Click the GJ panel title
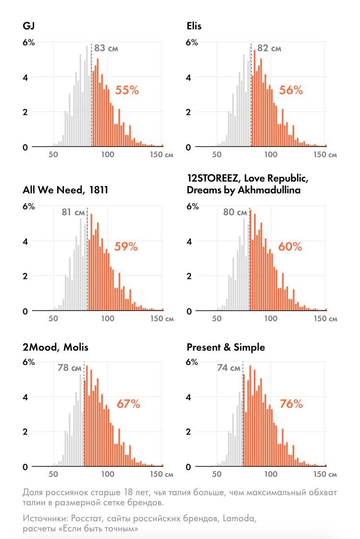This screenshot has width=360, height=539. (x=28, y=26)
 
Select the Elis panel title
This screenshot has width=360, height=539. (x=194, y=26)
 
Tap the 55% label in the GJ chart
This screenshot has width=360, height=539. (x=127, y=90)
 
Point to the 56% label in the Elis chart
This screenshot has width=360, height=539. (x=291, y=90)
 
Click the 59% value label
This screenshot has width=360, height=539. (x=126, y=247)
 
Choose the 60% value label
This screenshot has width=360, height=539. (x=290, y=247)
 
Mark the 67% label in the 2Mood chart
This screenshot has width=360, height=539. (x=128, y=404)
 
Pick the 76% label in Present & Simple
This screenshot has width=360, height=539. (x=291, y=404)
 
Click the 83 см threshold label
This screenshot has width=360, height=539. (x=106, y=49)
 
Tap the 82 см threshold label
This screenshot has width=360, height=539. (x=269, y=49)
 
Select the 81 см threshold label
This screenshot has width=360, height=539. (x=73, y=212)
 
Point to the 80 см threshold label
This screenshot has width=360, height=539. (x=235, y=212)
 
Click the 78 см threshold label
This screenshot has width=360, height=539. (x=70, y=368)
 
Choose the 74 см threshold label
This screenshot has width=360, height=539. (x=228, y=368)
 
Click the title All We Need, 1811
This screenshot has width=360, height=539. (x=65, y=190)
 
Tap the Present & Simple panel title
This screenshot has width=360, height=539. (x=225, y=347)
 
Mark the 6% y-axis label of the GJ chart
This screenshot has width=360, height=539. (x=29, y=42)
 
